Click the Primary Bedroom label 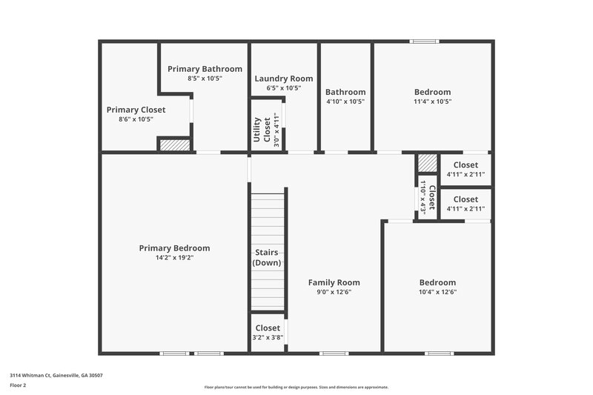(174, 248)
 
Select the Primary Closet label (136, 110)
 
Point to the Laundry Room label (283, 79)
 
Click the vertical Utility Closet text (262, 130)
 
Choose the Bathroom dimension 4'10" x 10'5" (345, 102)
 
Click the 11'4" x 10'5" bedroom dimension (432, 102)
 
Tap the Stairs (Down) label (266, 258)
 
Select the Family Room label (334, 282)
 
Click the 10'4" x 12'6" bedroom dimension (437, 292)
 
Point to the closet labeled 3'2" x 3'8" (268, 332)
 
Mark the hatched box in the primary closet (175, 145)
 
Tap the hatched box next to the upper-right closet (426, 162)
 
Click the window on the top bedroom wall (425, 42)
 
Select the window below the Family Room (334, 353)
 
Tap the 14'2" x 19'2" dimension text (174, 258)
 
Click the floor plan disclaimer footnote (296, 387)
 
